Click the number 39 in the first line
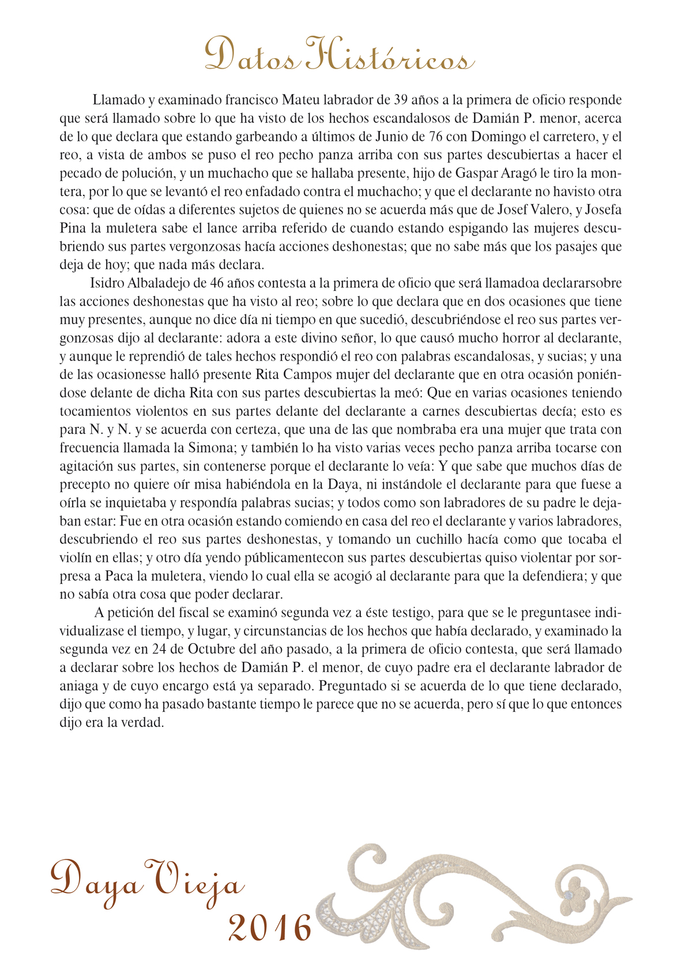coord(401,100)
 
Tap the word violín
coord(77,558)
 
